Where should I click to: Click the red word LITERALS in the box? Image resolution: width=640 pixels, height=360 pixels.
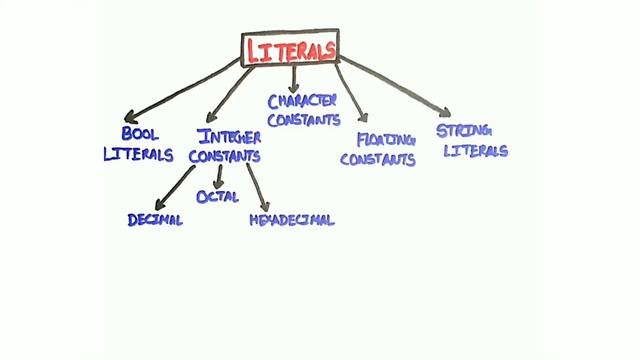pyautogui.click(x=290, y=49)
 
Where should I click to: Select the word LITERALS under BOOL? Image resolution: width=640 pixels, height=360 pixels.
pyautogui.click(x=138, y=155)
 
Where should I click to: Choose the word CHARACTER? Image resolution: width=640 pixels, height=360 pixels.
pyautogui.click(x=302, y=100)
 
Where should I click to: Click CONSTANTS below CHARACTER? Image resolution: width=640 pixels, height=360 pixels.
pyautogui.click(x=303, y=120)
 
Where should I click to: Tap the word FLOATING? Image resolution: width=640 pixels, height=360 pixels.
pyautogui.click(x=385, y=139)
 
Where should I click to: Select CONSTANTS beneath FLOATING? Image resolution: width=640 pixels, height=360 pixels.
pyautogui.click(x=377, y=160)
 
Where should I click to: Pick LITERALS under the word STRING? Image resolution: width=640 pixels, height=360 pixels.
pyautogui.click(x=476, y=152)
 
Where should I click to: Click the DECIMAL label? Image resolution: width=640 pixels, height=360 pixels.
pyautogui.click(x=155, y=220)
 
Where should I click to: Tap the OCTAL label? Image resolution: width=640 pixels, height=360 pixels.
pyautogui.click(x=217, y=197)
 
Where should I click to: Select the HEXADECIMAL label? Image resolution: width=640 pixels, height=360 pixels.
pyautogui.click(x=291, y=220)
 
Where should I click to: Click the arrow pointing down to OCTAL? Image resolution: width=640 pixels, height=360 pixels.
pyautogui.click(x=219, y=176)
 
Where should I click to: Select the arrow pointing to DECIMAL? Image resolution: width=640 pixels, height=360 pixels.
pyautogui.click(x=174, y=189)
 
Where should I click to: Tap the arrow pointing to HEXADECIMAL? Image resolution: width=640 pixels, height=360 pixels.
pyautogui.click(x=256, y=187)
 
